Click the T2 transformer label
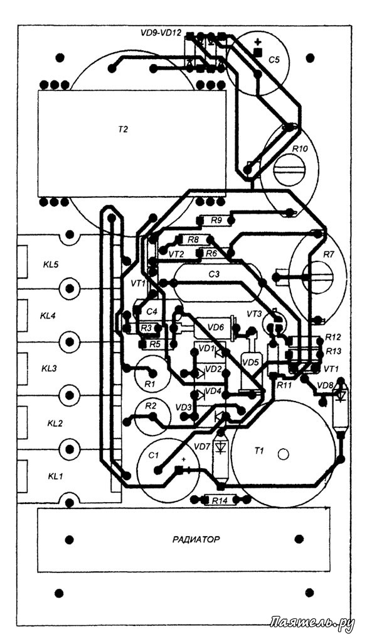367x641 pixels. (123, 129)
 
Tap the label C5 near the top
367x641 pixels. (274, 60)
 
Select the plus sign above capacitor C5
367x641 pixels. (258, 41)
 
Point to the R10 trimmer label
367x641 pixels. (300, 150)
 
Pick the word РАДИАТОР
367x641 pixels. (196, 539)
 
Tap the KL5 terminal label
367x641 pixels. (51, 264)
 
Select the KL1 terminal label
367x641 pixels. (56, 476)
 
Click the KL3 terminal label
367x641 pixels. (50, 368)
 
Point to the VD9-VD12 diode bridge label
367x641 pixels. (161, 34)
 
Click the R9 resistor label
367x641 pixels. (216, 221)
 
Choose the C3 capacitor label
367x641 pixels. (214, 275)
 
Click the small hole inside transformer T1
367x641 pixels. (283, 454)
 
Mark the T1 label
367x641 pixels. (259, 451)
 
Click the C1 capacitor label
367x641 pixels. (153, 456)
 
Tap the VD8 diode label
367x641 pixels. (325, 385)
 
